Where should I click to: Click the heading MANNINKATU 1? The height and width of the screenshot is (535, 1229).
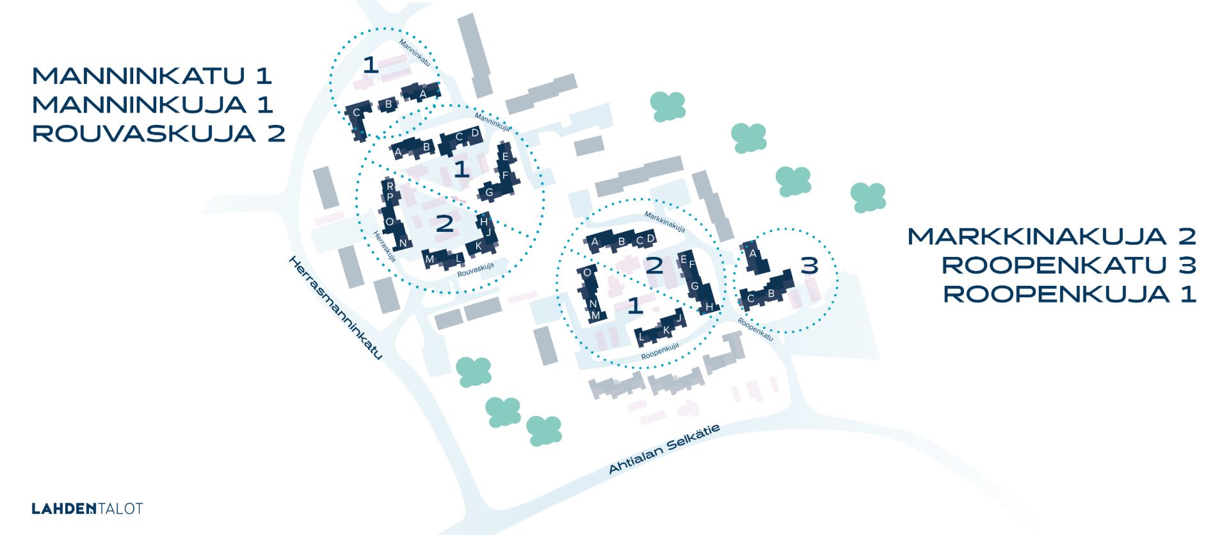[152, 76]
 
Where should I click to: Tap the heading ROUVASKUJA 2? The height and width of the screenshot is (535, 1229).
[159, 134]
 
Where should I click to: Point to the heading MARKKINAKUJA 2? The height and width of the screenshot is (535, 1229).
[1052, 236]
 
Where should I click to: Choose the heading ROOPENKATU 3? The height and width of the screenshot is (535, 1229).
[1069, 265]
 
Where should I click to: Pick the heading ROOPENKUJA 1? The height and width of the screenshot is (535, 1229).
[1070, 294]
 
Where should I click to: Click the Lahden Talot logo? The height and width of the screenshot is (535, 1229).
[87, 509]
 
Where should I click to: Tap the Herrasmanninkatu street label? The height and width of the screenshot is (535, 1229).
[335, 308]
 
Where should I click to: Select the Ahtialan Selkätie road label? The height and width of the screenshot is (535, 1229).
[664, 449]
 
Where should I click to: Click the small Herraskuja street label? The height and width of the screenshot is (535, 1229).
[385, 246]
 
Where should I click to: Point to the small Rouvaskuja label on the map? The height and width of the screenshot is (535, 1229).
[476, 270]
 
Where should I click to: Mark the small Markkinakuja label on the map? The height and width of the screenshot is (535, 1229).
[664, 222]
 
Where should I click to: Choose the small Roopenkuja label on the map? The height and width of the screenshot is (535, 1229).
[660, 351]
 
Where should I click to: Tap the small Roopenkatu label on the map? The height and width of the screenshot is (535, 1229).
[755, 329]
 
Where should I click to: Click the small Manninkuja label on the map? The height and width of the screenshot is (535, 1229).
[492, 122]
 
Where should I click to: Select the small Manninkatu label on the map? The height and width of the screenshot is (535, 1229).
[415, 53]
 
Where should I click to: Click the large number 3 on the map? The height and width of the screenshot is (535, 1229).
[810, 265]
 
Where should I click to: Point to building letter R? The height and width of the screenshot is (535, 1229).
[390, 186]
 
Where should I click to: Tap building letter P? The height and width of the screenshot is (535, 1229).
[390, 197]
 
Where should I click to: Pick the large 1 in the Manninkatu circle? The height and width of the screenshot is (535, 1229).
[371, 65]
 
